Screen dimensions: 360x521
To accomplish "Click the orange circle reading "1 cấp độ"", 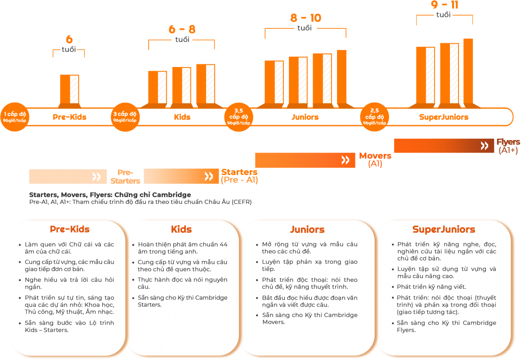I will (14, 117).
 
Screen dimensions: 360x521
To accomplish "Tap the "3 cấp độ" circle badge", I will (125, 117).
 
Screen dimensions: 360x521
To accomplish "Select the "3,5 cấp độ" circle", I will (239, 117).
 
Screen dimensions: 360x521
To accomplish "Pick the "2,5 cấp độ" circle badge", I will (375, 117).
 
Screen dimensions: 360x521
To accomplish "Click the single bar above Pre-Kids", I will (69, 89).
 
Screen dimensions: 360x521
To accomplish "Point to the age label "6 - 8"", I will (182, 30).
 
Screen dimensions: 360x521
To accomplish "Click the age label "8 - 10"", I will (305, 18).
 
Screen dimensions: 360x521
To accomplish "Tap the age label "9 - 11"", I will (444, 5).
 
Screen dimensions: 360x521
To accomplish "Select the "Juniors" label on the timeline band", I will (305, 117).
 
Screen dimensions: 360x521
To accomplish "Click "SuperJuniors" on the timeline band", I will (444, 117).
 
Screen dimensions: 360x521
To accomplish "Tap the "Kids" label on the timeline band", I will (182, 117).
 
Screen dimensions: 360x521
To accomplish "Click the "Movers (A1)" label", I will (375, 160).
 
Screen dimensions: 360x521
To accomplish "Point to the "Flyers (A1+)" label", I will (508, 146).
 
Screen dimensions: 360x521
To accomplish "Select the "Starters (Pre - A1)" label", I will (239, 176).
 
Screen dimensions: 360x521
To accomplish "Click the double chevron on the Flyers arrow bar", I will (485, 145).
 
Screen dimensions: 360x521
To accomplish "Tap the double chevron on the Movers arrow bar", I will (345, 160).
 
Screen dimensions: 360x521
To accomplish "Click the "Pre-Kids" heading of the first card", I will (69, 229).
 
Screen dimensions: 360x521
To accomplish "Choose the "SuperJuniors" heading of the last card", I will (444, 229).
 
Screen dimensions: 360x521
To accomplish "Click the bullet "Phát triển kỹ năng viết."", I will (425, 287).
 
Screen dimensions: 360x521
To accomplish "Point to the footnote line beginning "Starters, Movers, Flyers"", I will (110, 195).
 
